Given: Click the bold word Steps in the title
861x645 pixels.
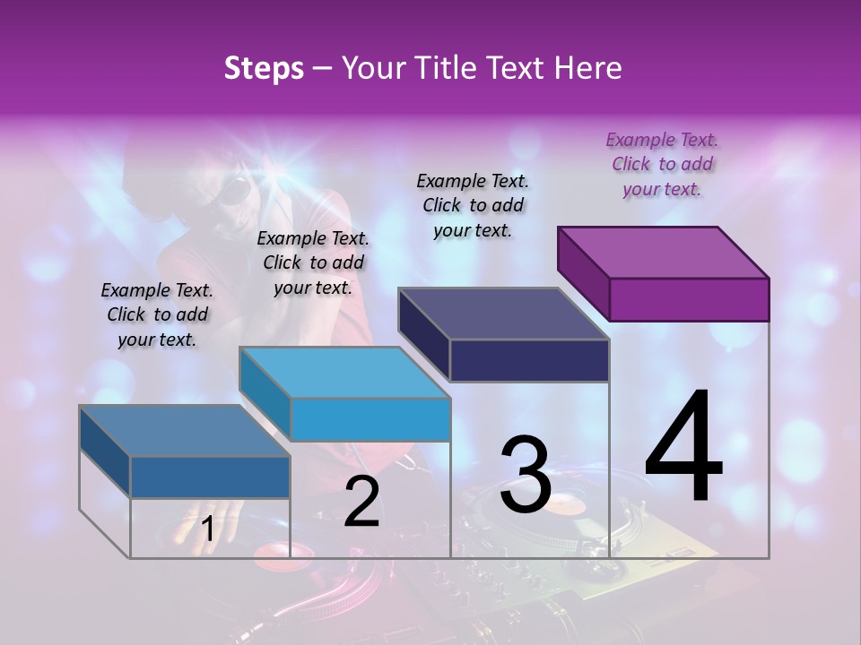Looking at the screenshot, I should point(264,68).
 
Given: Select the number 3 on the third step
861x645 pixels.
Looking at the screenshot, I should point(525,475).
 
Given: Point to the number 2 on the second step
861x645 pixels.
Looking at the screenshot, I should point(361,502).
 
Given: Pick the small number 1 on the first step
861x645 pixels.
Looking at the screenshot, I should point(207,529).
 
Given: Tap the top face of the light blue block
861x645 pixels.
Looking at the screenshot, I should point(344,372).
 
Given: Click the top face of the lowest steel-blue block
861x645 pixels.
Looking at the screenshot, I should point(185,431).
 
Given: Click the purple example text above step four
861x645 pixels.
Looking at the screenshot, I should point(662,164).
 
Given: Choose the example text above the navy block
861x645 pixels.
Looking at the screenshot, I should point(473,205).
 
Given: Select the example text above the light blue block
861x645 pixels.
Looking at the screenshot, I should point(313,262).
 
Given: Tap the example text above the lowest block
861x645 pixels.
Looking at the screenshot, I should point(157,314).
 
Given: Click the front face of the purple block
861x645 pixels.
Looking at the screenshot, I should point(689,299).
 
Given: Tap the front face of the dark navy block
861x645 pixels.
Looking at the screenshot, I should point(529,361).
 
